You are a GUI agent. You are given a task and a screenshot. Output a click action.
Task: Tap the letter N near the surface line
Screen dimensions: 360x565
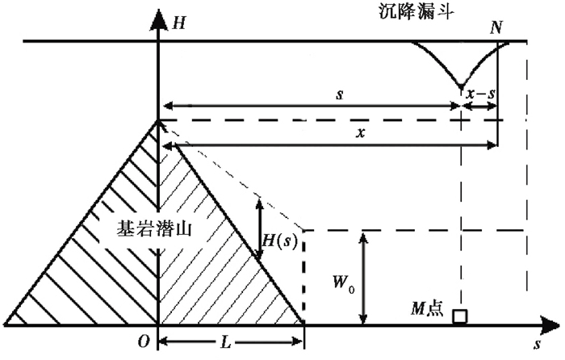click(x=497, y=27)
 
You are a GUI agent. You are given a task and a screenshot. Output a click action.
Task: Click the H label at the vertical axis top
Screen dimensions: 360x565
click(x=178, y=22)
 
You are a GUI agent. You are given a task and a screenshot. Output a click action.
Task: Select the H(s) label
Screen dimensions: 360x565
click(x=282, y=241)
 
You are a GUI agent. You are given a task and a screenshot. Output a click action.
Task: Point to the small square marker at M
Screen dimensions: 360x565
click(x=459, y=316)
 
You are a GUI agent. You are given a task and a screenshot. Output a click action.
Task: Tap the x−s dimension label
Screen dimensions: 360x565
click(x=480, y=94)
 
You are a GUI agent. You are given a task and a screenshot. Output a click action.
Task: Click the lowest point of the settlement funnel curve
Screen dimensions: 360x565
click(x=460, y=86)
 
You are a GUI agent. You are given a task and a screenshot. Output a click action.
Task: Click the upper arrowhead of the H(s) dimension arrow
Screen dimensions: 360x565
click(x=260, y=202)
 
